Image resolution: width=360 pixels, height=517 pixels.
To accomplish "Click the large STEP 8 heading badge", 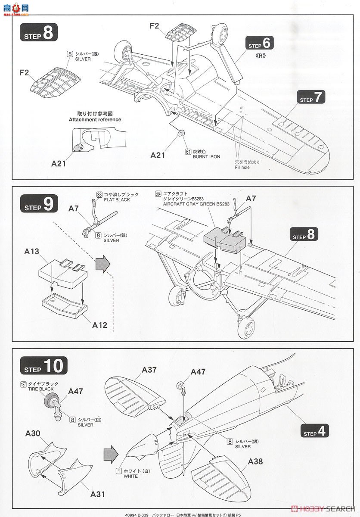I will click(x=39, y=33).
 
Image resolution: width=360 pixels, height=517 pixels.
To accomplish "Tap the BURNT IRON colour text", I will click(x=206, y=157).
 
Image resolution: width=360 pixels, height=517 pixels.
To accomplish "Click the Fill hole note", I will click(x=242, y=167).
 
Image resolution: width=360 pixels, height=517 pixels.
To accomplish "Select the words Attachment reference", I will click(x=95, y=119).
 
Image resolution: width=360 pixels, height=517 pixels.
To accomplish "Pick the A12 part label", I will click(x=100, y=325).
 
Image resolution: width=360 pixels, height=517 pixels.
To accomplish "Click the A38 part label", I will click(x=255, y=461).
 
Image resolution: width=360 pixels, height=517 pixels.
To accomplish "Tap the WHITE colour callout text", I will click(x=130, y=476).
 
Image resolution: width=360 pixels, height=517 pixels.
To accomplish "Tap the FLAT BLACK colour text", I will click(x=116, y=200).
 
